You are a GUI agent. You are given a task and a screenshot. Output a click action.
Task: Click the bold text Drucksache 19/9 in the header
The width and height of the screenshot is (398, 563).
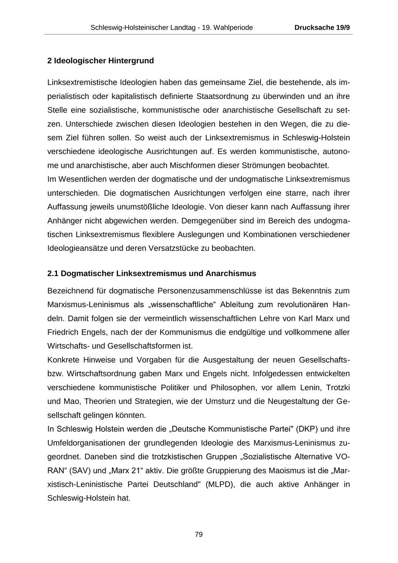(x=322, y=27)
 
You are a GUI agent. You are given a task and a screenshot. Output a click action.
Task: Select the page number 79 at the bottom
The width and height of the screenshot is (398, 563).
(x=199, y=534)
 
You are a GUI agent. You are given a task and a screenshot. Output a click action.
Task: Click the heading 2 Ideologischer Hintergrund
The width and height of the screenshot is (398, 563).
(x=101, y=61)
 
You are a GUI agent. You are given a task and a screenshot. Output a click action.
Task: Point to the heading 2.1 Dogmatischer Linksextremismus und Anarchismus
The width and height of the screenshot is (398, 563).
(x=152, y=274)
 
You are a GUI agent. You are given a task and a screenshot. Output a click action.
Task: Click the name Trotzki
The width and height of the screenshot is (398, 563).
(x=338, y=387)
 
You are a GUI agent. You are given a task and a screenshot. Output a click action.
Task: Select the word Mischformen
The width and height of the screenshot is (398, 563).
(x=193, y=165)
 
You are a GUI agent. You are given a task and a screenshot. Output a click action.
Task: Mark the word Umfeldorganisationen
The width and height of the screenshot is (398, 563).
(x=84, y=443)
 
